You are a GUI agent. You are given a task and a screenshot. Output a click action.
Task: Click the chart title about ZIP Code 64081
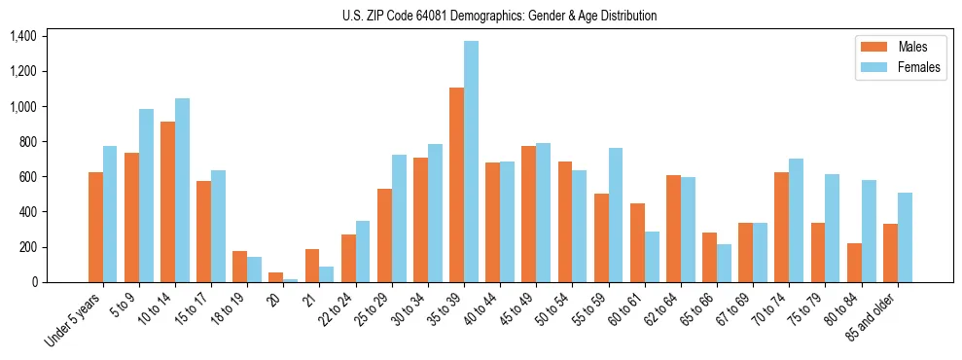499,16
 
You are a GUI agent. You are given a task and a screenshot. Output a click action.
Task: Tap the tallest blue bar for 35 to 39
471,162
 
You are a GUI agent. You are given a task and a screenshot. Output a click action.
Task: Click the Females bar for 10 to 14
182,190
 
